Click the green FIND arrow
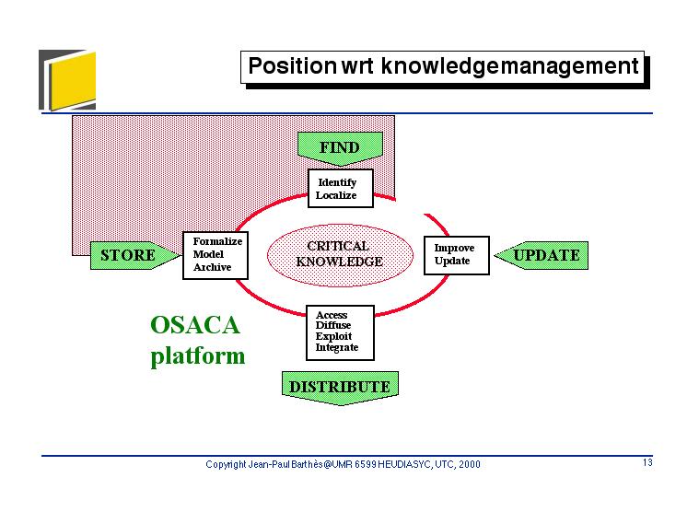pyautogui.click(x=340, y=148)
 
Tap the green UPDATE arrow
pyautogui.click(x=542, y=255)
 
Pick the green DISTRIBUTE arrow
pyautogui.click(x=340, y=388)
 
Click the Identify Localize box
pyautogui.click(x=341, y=188)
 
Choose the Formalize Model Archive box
pyautogui.click(x=216, y=255)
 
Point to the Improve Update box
pyautogui.click(x=457, y=255)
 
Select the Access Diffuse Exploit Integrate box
pyautogui.click(x=340, y=332)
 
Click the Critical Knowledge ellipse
pyautogui.click(x=340, y=255)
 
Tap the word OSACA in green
pyautogui.click(x=195, y=325)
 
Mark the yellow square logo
pyautogui.click(x=72, y=81)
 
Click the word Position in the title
pyautogui.click(x=292, y=66)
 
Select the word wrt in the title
pyautogui.click(x=357, y=67)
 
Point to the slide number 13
pyautogui.click(x=647, y=462)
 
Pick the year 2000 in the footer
pyautogui.click(x=470, y=464)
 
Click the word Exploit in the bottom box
pyautogui.click(x=333, y=337)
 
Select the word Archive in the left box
pyautogui.click(x=212, y=267)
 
